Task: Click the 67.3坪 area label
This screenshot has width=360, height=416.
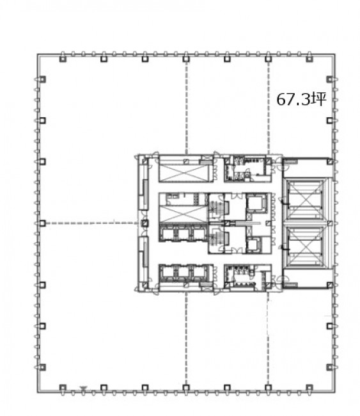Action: pos(301,99)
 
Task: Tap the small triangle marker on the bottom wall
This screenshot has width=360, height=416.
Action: pos(84,388)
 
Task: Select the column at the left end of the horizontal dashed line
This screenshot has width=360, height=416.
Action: pos(42,223)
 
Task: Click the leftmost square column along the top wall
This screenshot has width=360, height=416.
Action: pos(63,59)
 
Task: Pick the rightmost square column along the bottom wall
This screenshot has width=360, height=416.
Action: pos(309,388)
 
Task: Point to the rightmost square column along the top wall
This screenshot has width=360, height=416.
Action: pos(309,59)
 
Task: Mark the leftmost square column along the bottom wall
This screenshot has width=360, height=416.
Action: pos(63,388)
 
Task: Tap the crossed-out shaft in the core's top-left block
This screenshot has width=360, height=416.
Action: pos(185,173)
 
